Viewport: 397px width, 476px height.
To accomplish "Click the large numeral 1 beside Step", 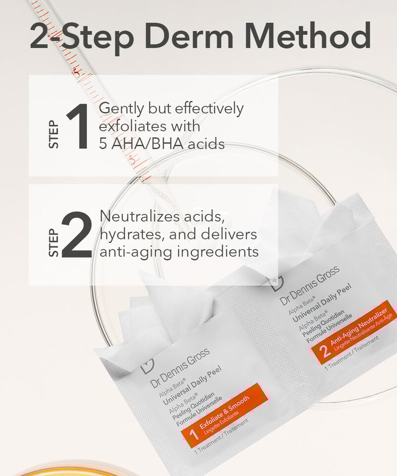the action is (78, 126).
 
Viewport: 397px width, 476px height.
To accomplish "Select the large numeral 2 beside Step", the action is (77, 235).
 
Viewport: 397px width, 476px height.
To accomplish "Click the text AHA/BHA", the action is (147, 144).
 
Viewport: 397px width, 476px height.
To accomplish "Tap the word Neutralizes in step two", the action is (140, 216).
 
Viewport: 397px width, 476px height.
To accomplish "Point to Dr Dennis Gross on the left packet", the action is (180, 367).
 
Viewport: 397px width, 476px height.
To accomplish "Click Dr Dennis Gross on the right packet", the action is (310, 286).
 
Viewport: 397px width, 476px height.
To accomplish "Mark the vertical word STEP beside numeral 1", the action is (54, 134).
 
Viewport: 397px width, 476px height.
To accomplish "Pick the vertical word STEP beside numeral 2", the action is (54, 242).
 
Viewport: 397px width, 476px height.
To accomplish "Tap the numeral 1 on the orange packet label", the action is (194, 435).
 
